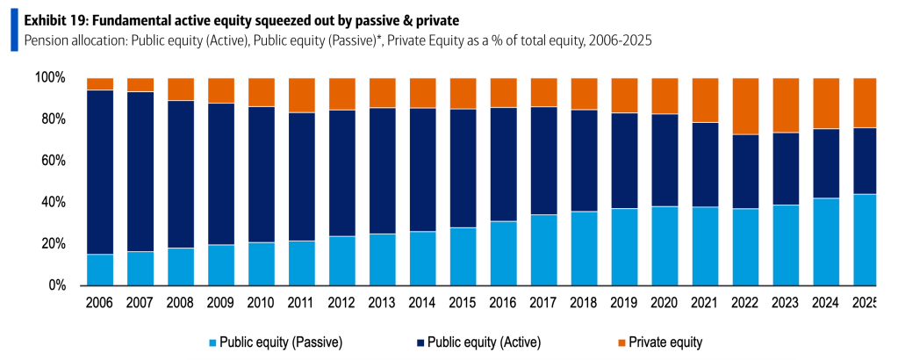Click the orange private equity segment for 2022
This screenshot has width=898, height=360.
coord(745,106)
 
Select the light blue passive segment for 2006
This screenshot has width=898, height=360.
coord(100,270)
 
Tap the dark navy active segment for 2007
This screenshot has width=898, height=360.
coord(140,172)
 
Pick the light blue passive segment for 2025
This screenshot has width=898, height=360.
coord(865,240)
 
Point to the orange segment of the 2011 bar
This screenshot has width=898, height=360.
coord(302,95)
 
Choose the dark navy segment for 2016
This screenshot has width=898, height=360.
coord(503,164)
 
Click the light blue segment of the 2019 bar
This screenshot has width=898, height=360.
coord(625,247)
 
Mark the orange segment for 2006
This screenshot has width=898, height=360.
coord(100,84)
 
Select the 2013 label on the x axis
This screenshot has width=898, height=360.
coord(382,303)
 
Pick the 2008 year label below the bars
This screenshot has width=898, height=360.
coord(181,303)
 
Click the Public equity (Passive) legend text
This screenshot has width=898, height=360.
coord(281,342)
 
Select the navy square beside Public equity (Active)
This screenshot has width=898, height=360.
coord(421,342)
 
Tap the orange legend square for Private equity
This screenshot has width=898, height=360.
coord(621,342)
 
